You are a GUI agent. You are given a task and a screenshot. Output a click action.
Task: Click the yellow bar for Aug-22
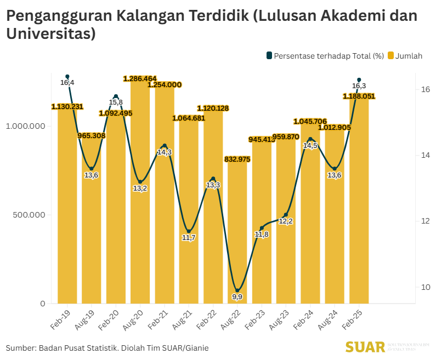pos(237,230)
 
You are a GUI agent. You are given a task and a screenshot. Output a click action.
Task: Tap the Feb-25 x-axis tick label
pos(355,317)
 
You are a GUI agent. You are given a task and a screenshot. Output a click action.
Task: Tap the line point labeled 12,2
pos(286,215)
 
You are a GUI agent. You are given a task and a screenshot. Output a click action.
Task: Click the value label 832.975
pos(237,159)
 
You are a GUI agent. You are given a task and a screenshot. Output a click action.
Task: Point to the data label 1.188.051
pos(359,96)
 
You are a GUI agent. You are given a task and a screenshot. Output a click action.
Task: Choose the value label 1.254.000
pos(165,84)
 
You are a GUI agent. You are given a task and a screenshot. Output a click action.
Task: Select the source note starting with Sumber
pos(107,347)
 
